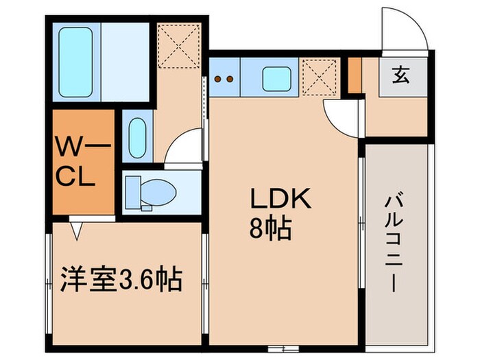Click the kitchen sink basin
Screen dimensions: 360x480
[277, 78]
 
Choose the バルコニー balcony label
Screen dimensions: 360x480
[396, 243]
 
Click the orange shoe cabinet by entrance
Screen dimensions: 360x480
[355, 75]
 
